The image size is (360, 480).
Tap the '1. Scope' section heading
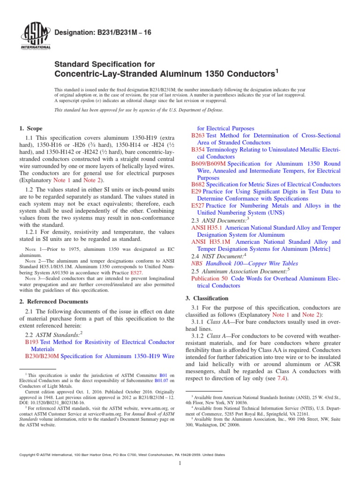click(x=30, y=128)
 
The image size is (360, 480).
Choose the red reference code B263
click(x=198, y=135)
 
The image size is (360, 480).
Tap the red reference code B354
click(x=198, y=150)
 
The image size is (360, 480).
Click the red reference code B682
click(x=198, y=185)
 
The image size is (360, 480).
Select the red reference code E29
click(x=196, y=192)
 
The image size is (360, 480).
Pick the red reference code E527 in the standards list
click(x=198, y=206)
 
